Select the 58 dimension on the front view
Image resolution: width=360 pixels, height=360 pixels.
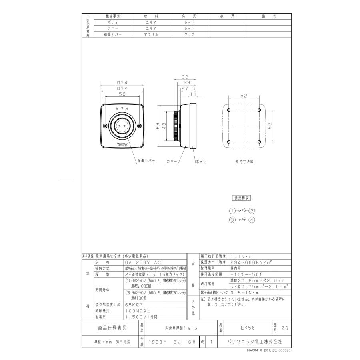[122, 94]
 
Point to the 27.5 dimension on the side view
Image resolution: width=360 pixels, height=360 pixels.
[188, 88]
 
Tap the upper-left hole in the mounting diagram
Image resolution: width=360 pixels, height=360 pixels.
[228, 110]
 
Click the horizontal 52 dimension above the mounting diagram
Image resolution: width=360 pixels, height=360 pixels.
[244, 96]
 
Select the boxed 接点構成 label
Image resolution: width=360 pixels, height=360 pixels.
[242, 198]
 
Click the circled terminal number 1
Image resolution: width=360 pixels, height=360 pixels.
[232, 211]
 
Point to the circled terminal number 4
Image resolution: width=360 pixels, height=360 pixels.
[252, 220]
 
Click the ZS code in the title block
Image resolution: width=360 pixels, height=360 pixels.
[284, 328]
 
